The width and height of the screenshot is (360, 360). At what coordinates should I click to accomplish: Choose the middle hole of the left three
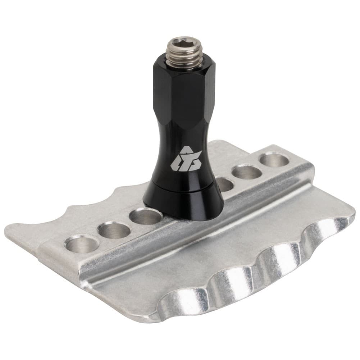[x=114, y=230]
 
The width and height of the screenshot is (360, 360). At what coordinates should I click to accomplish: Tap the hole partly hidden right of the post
[x=225, y=184]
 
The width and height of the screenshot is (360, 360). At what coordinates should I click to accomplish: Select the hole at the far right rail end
[x=274, y=159]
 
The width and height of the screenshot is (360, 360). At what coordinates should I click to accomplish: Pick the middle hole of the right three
[x=247, y=172]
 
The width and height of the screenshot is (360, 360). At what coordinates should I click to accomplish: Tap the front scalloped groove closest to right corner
[x=325, y=230]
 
